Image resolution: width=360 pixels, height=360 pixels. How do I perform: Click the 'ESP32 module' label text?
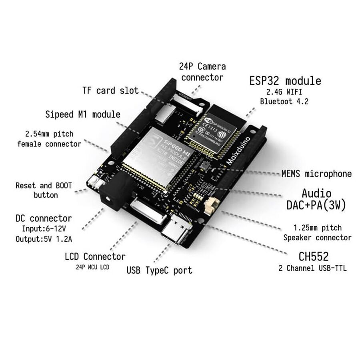pyautogui.click(x=285, y=81)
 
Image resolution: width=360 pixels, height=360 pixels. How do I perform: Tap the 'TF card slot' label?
pyautogui.click(x=110, y=90)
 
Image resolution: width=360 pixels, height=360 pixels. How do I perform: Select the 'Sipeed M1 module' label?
pyautogui.click(x=83, y=114)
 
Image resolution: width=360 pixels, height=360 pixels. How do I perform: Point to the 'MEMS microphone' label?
pyautogui.click(x=316, y=174)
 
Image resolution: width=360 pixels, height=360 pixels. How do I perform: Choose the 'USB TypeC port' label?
pyautogui.click(x=159, y=270)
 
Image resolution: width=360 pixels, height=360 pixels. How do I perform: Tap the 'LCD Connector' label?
pyautogui.click(x=95, y=256)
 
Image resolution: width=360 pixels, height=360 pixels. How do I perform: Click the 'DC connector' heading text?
pyautogui.click(x=44, y=218)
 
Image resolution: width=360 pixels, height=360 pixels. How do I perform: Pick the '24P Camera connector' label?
pyautogui.click(x=202, y=72)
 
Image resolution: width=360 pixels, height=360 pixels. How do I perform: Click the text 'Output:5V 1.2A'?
pyautogui.click(x=44, y=239)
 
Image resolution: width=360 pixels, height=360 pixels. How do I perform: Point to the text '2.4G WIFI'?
pyautogui.click(x=284, y=92)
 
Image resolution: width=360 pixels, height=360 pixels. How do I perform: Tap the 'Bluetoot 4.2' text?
pyautogui.click(x=284, y=101)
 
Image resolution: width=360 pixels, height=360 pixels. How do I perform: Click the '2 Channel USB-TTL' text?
pyautogui.click(x=312, y=268)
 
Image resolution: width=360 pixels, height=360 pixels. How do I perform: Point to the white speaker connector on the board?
pyautogui.click(x=211, y=206)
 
